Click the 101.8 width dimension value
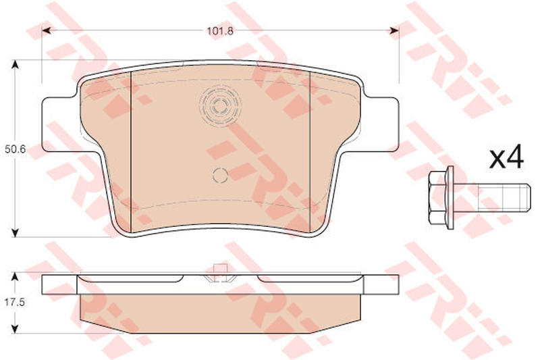click(220, 31)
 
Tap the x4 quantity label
click(506, 158)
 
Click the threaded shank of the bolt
click(491, 197)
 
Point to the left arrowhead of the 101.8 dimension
click(47, 31)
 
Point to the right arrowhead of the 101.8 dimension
click(394, 31)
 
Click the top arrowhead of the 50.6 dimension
click(14, 64)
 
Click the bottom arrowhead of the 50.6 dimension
click(14, 232)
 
